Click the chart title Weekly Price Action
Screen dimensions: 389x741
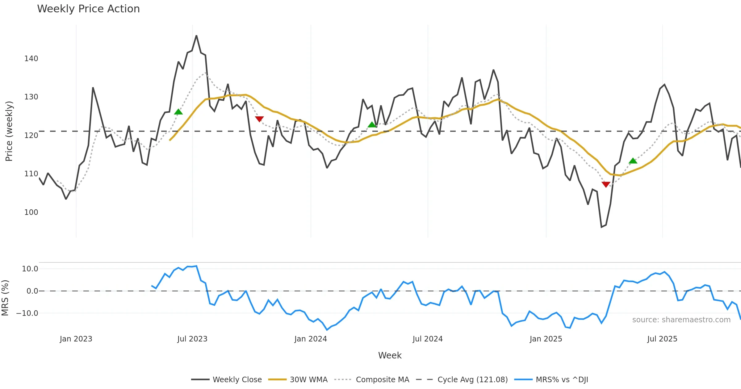click(x=88, y=9)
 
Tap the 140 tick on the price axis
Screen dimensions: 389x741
click(x=31, y=59)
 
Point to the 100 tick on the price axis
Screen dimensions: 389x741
click(x=31, y=212)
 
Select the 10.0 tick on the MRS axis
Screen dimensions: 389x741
click(x=30, y=269)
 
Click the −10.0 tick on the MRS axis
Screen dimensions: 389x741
click(x=27, y=313)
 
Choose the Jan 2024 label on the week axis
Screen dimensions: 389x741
click(x=311, y=339)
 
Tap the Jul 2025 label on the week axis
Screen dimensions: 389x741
click(x=662, y=339)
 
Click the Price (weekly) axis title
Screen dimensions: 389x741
click(x=9, y=131)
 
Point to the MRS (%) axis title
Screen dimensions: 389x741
click(x=5, y=298)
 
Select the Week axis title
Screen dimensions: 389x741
click(x=390, y=356)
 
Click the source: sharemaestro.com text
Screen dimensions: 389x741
click(x=681, y=320)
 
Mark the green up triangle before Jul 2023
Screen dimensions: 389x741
click(x=178, y=112)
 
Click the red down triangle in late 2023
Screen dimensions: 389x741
click(x=259, y=119)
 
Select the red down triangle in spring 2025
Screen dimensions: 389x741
click(x=606, y=184)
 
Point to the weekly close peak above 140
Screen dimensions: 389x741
click(x=196, y=36)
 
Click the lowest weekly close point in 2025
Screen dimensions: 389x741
click(x=601, y=227)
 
